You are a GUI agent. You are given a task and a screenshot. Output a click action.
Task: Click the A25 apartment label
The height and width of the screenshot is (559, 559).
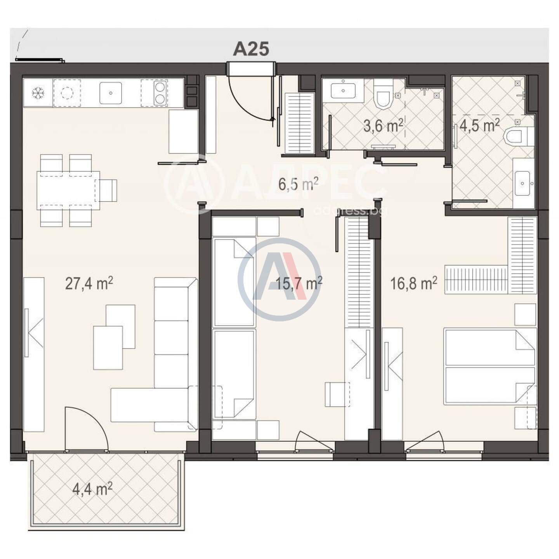click(251, 49)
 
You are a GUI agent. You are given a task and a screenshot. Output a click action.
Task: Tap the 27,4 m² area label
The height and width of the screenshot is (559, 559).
click(89, 283)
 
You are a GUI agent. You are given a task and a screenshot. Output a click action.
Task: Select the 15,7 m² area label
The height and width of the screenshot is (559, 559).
click(299, 283)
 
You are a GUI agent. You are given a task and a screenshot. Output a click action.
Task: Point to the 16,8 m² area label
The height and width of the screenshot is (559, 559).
click(414, 283)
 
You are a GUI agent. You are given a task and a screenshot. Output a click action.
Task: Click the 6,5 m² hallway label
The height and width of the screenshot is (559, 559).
click(299, 184)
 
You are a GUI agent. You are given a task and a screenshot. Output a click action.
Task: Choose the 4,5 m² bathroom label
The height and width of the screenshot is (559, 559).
click(479, 125)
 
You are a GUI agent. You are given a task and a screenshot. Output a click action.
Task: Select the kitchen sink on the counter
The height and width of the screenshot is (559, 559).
click(111, 93)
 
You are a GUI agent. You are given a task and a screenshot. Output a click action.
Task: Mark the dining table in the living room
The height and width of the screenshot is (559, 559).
click(68, 190)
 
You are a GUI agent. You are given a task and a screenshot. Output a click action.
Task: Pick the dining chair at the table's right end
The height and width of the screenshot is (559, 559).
click(108, 190)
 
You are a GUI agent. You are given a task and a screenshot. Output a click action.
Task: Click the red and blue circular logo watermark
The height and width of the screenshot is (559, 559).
click(279, 279)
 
